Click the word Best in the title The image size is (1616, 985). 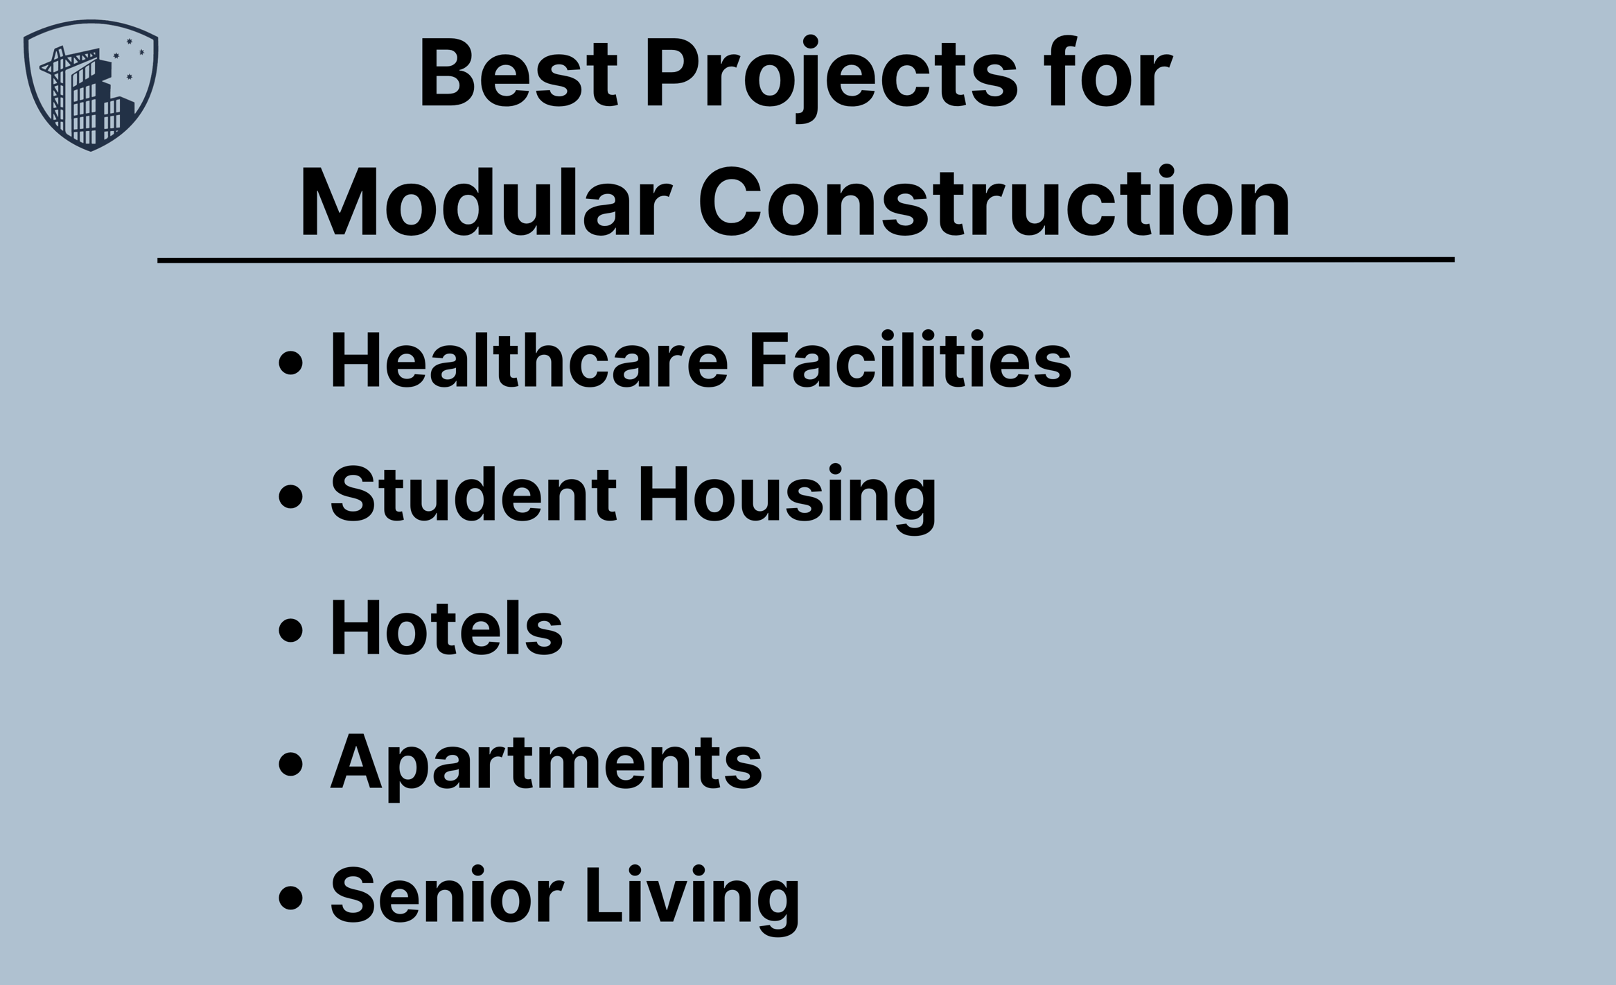[x=518, y=73]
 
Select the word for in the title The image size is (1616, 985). [x=1109, y=73]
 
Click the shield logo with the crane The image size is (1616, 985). [x=91, y=85]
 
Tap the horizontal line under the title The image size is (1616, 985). [x=806, y=260]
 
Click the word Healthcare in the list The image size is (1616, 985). [x=529, y=360]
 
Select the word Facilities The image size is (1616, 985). [x=910, y=360]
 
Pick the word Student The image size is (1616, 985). [x=473, y=494]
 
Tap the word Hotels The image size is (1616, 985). [x=446, y=628]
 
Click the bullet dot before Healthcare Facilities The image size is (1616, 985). [x=291, y=363]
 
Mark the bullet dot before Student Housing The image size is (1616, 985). [x=291, y=496]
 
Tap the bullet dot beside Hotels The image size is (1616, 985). [x=291, y=630]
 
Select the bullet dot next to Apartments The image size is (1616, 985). [x=291, y=764]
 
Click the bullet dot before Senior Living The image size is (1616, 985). [x=291, y=897]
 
